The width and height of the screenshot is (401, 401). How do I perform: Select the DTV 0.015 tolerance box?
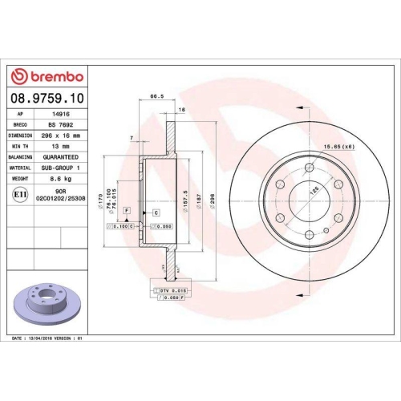tap(172, 289)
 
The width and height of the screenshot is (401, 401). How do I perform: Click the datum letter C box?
tap(156, 211)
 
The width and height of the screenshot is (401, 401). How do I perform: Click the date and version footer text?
tap(48, 339)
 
